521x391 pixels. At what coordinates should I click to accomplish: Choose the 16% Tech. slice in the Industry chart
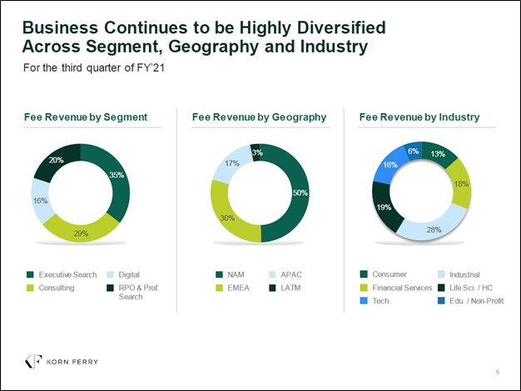(388, 166)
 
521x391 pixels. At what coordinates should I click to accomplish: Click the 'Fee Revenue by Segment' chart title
(86, 117)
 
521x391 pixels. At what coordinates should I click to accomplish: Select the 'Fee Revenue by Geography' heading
(259, 117)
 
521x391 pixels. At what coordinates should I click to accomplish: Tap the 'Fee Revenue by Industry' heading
(419, 117)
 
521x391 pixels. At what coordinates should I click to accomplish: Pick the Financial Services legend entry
(396, 288)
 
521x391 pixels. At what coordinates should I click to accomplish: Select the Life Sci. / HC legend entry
(474, 288)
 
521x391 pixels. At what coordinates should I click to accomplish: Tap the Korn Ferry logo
(62, 361)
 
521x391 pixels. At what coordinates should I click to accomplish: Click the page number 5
(497, 371)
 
